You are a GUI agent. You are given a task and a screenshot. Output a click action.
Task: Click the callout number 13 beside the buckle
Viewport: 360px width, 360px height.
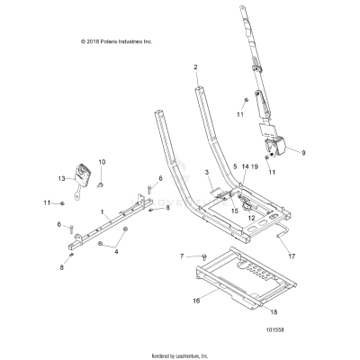click(62, 179)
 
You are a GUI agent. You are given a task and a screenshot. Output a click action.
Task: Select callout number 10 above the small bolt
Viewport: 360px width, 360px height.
click(102, 162)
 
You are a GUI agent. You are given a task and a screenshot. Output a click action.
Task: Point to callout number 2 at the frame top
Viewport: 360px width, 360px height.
click(195, 67)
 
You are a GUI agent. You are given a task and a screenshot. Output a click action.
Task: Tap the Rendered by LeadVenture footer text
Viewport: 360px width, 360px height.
click(180, 352)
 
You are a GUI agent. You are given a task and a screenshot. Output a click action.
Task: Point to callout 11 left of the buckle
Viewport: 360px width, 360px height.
click(46, 203)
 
